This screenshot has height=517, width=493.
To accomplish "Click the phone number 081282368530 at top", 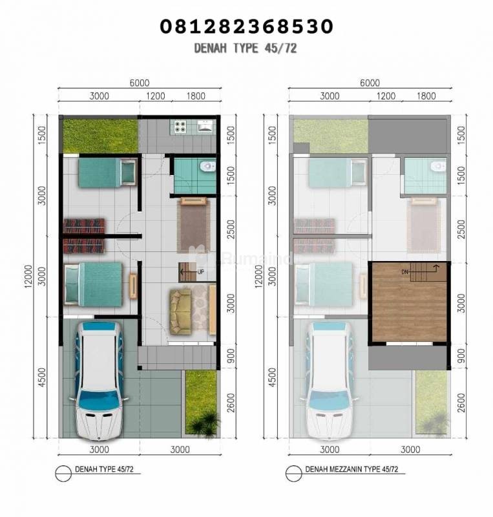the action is pos(246,26).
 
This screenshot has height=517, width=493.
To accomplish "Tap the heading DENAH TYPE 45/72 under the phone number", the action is pos(246,48).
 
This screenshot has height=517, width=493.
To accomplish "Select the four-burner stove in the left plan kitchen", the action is pos(180,127).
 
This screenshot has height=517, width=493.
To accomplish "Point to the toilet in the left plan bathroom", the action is pos(207,166).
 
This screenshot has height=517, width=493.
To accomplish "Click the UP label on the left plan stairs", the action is pos(200,272).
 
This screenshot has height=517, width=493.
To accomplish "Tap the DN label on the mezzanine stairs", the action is pos(405,272).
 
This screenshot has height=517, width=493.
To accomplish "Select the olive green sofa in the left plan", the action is pos(180,311).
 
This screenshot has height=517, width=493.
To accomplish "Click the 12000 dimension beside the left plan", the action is pos(28,276).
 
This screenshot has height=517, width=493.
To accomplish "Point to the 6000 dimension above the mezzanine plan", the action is pos(370,83).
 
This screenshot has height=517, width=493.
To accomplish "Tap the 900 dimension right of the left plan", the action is pos(231,357).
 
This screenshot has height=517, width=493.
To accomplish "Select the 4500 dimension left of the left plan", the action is pos(42,378).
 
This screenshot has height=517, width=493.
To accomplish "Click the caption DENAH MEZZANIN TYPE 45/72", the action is pos(352,469).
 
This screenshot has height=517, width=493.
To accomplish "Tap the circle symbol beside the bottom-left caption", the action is pos(63,474).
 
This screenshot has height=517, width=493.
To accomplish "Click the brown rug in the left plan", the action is pos(194,226).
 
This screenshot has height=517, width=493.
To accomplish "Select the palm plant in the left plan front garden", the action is pos(207,424).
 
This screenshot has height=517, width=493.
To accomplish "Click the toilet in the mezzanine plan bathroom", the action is pos(437,166).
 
